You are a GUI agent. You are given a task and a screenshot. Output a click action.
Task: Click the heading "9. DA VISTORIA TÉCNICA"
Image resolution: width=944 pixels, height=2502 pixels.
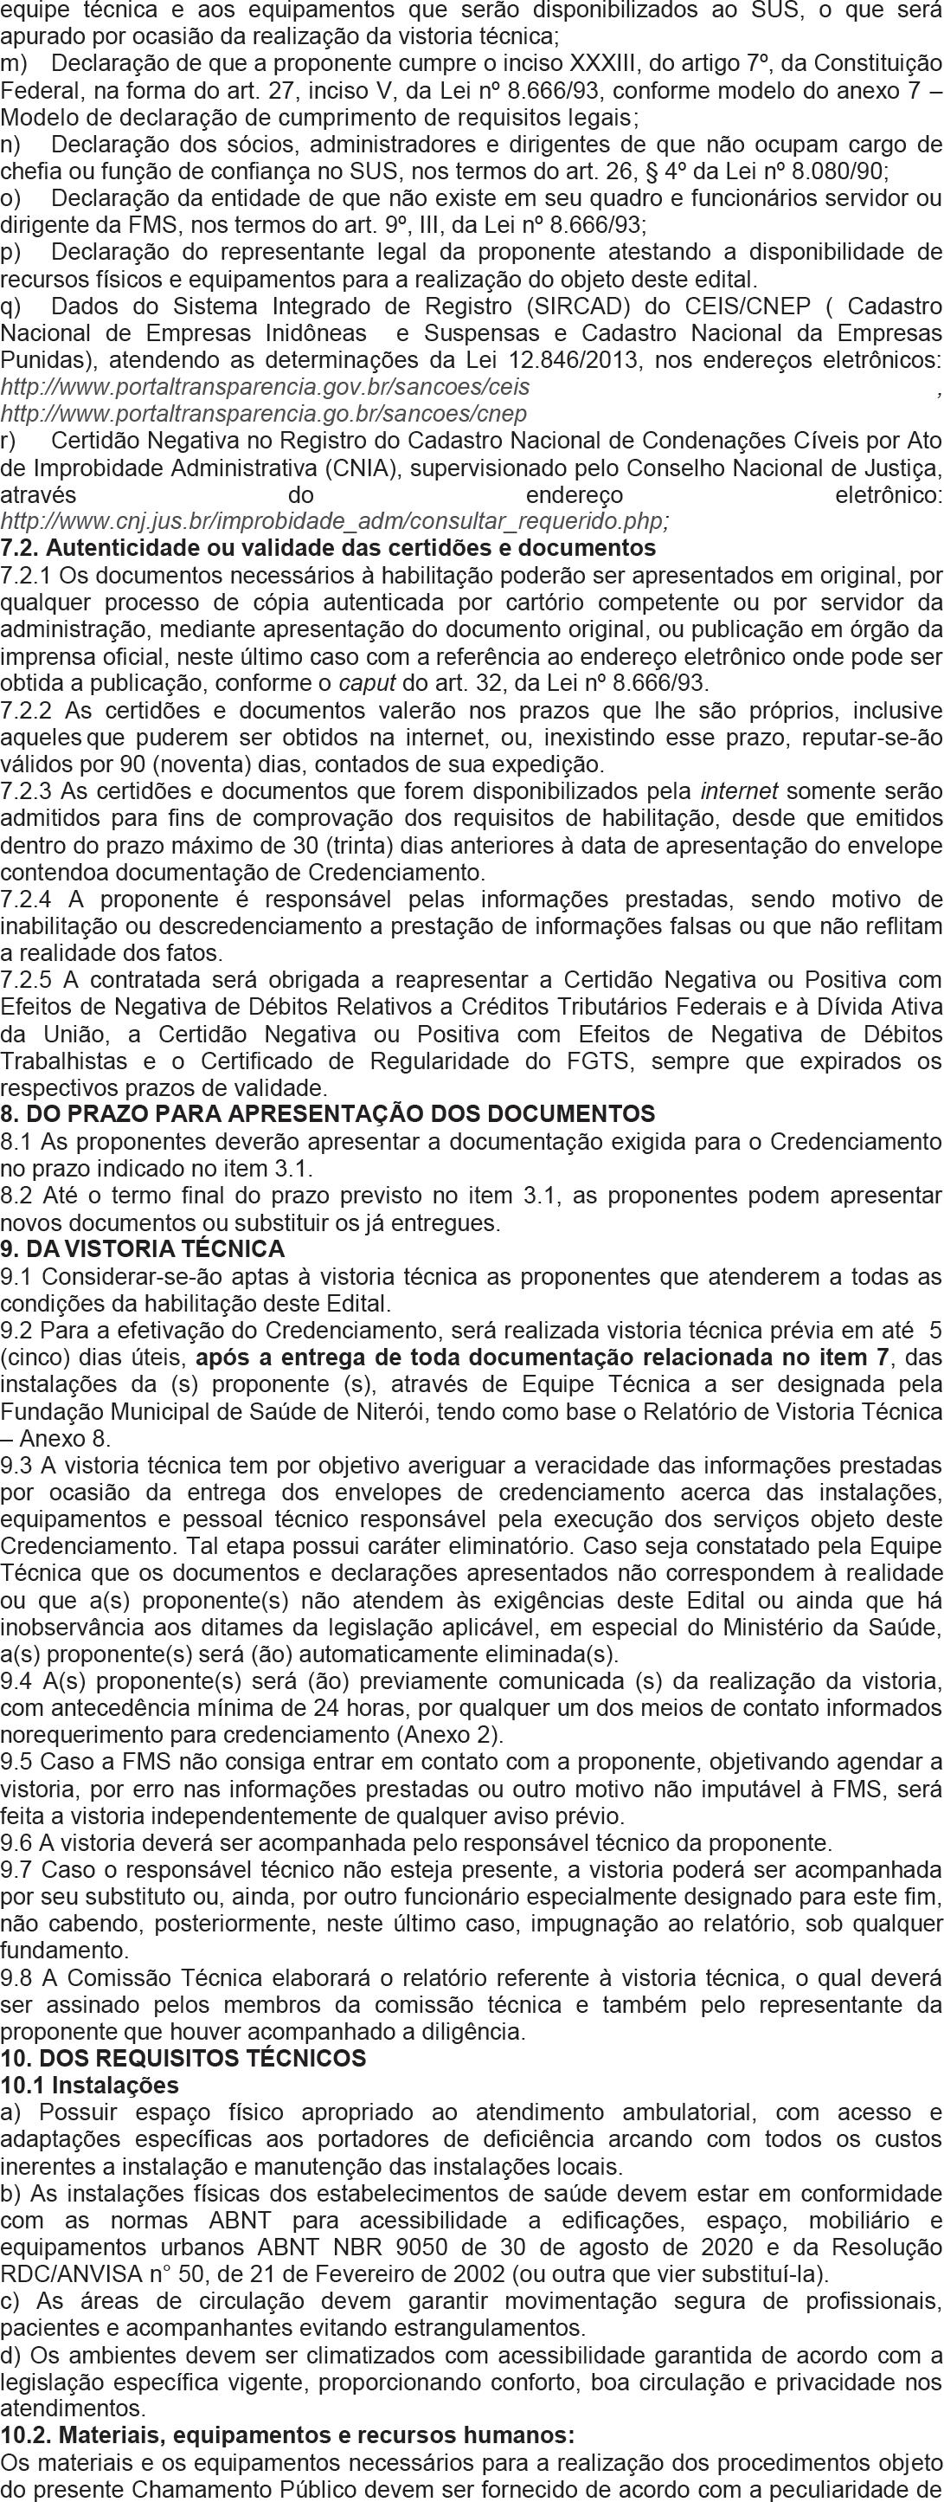[x=143, y=1248]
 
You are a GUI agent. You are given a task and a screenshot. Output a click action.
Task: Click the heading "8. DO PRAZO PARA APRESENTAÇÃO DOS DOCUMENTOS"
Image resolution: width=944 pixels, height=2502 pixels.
[x=328, y=1113]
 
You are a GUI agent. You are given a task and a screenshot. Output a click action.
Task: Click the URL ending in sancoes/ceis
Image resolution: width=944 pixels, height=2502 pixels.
[x=265, y=387]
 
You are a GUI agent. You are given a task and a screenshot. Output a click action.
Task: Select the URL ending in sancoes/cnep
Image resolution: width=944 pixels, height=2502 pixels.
[x=263, y=414]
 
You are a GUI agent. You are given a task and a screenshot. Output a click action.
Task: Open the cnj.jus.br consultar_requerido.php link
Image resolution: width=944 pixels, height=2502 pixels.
[x=334, y=521]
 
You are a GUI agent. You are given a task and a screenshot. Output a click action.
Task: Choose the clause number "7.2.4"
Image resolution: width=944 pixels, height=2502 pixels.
[x=27, y=898]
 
